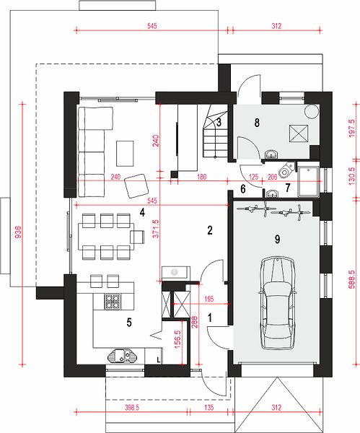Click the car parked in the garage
coord(277,303)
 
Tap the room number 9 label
coord(278,239)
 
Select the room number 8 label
coord(257,123)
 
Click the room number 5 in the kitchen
coord(129,323)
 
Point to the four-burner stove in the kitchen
coord(113,301)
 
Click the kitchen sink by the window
coord(123,355)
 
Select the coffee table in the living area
coord(125,154)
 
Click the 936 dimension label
coord(17,232)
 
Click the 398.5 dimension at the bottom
coord(132,408)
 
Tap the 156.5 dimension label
coord(177,339)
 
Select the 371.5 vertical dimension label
coord(156,229)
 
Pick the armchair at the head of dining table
coord(138,237)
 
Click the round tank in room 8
coord(312,111)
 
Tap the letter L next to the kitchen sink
coord(158,360)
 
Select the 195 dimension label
coord(209,299)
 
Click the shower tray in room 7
coord(308,181)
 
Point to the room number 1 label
coord(210,318)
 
